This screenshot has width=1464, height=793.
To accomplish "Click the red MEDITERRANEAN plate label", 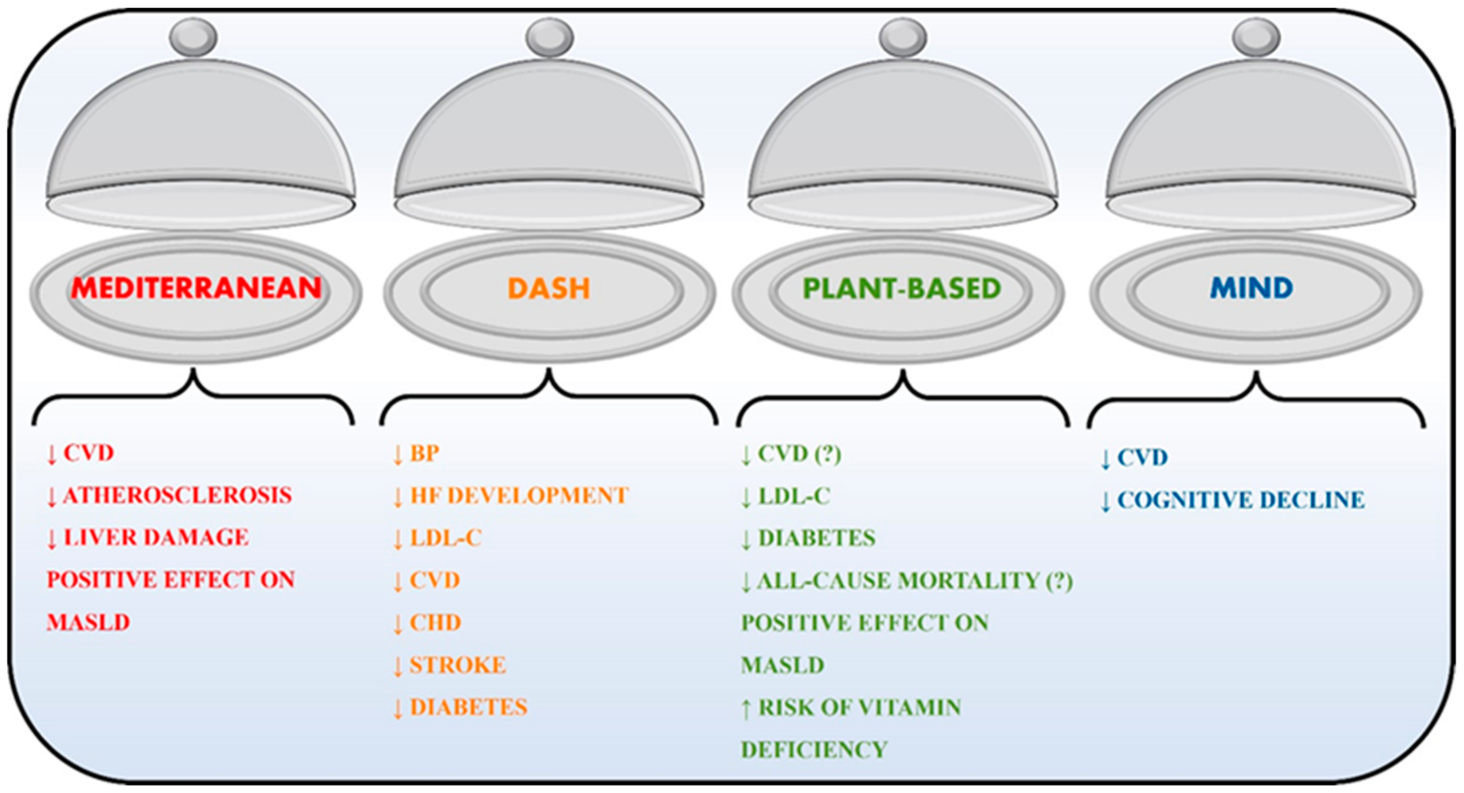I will (x=196, y=288).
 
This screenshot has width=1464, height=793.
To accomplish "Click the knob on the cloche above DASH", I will (x=549, y=36).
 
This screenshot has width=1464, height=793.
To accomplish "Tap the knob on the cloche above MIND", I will (x=1256, y=36).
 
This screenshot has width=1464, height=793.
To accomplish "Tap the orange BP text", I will (x=424, y=453).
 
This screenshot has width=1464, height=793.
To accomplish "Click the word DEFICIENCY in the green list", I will (x=814, y=750).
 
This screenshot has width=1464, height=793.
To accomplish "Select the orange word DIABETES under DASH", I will (x=469, y=707).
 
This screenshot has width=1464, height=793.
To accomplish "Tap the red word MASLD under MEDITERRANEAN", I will (x=88, y=623).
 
